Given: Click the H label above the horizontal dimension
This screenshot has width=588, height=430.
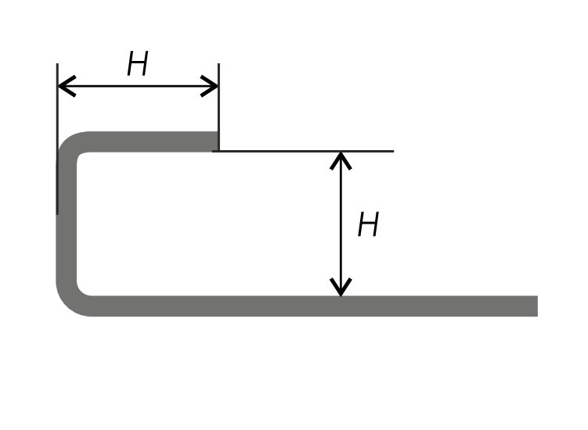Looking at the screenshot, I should (x=138, y=65).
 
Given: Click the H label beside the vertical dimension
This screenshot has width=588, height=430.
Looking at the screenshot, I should (x=368, y=226).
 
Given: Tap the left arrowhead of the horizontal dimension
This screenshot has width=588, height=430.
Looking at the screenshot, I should (x=63, y=86).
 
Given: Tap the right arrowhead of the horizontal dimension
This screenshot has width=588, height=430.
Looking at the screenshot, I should (x=212, y=86).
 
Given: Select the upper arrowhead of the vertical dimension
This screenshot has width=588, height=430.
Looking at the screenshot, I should (x=341, y=158).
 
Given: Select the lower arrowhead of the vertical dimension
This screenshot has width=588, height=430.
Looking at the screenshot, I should (x=341, y=289).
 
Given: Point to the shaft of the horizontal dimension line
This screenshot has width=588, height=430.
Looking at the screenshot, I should (x=138, y=86).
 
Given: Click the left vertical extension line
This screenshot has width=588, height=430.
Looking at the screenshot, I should (x=57, y=109).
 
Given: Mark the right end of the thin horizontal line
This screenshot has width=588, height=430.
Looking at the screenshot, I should (x=392, y=151).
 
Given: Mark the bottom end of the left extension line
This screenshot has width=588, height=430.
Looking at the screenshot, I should (x=57, y=213).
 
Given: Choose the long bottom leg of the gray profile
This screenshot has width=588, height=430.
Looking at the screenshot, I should (x=313, y=306).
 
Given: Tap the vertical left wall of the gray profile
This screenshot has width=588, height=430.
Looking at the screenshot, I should (x=67, y=227).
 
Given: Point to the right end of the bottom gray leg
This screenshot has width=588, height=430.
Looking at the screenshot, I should (x=535, y=306).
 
